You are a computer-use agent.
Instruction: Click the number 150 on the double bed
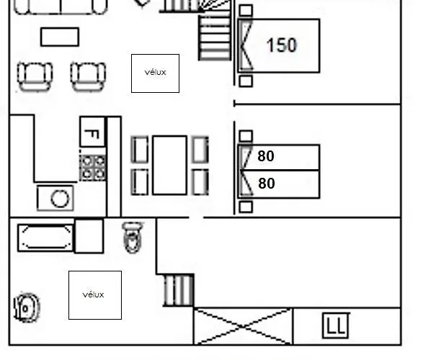point(282,45)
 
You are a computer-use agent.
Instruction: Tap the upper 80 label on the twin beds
point(266,156)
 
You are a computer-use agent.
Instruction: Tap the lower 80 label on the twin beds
point(267,184)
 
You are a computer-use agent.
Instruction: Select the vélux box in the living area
point(155,73)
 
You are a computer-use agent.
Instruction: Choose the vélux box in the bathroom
point(95,295)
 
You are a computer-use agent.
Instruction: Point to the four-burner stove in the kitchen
point(92,168)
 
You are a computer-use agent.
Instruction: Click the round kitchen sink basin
point(60,199)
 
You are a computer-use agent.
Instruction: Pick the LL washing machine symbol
point(336,325)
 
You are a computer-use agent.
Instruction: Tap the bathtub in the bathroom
point(45,238)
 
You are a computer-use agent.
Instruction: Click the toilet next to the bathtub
point(133,237)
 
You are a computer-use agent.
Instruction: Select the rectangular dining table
point(169,165)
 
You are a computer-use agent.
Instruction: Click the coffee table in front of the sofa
point(60,37)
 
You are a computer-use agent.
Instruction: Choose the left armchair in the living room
point(35,76)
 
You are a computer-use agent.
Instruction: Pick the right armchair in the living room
point(88,76)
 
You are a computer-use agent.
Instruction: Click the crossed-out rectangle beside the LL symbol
point(243,326)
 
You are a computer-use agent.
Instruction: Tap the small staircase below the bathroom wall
point(178,291)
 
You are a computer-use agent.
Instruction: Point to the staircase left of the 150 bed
point(215,37)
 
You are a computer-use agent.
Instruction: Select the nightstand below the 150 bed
point(246,81)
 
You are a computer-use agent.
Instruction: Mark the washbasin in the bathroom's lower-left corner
point(27,307)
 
